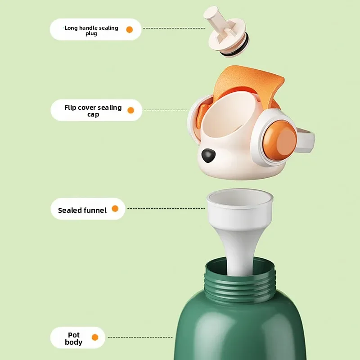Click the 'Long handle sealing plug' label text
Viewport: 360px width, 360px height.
[91, 30]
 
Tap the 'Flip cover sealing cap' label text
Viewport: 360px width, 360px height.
[93, 111]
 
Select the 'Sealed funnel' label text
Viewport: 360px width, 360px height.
[82, 210]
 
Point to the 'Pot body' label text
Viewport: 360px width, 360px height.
[73, 338]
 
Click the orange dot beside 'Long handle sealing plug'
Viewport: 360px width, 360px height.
[130, 30]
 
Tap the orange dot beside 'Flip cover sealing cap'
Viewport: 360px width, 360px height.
[131, 110]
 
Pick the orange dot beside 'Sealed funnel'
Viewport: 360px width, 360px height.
[115, 209]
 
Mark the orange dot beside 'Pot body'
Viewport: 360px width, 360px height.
[95, 337]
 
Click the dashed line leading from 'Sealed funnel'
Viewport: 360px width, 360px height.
[166, 208]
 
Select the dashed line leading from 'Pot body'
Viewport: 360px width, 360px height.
[140, 337]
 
